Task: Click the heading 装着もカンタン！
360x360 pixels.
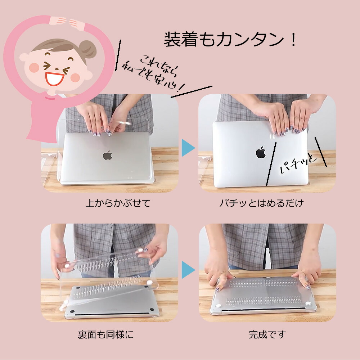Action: coord(231,40)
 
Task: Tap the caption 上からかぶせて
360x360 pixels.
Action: coord(118,203)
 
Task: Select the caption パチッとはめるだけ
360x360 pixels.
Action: coord(262,203)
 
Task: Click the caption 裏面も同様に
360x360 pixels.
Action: coord(105,335)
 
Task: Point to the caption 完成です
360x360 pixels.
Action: coord(267,335)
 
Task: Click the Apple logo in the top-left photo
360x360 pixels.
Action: coord(107,155)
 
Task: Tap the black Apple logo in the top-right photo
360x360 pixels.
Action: coord(261,152)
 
